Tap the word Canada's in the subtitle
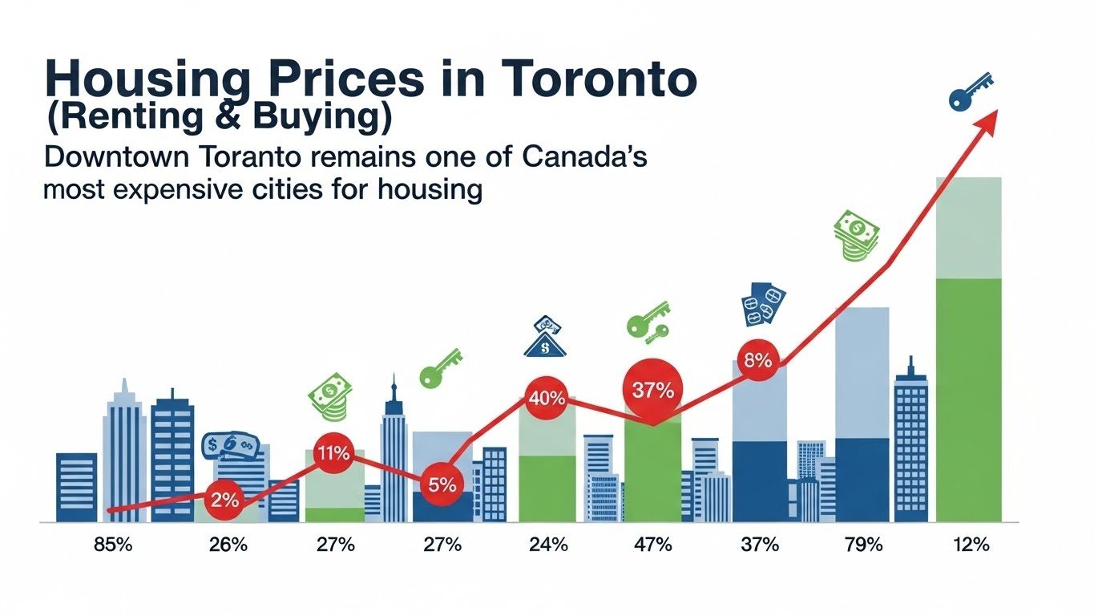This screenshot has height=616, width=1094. click(584, 157)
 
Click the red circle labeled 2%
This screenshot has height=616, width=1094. click(224, 500)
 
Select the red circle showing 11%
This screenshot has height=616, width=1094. click(334, 453)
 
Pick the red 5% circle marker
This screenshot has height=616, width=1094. click(442, 484)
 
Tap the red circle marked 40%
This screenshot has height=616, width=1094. click(547, 399)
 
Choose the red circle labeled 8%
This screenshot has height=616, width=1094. click(758, 360)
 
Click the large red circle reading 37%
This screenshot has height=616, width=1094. click(653, 390)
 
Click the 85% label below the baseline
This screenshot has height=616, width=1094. click(113, 544)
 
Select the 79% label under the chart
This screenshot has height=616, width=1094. click(863, 544)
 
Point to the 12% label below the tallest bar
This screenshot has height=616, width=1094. click(971, 544)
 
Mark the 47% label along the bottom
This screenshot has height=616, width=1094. click(653, 544)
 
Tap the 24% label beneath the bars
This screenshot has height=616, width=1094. click(548, 544)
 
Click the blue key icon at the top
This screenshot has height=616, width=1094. click(970, 92)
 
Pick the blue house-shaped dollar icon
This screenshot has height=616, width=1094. click(545, 336)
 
